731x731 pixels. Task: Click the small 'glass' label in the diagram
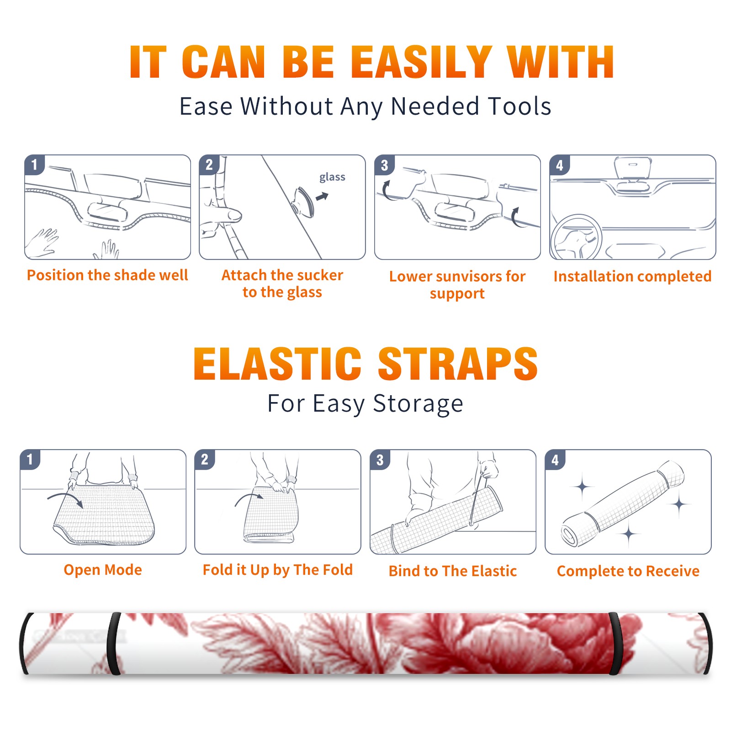click(x=332, y=177)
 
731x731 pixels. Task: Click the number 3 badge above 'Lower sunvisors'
click(x=385, y=165)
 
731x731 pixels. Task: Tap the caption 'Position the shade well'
click(x=107, y=275)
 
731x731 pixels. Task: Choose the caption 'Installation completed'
click(x=632, y=276)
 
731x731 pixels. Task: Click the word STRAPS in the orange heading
click(x=458, y=364)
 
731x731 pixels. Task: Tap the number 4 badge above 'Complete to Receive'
click(x=555, y=460)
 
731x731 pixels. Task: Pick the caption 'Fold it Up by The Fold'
click(x=278, y=570)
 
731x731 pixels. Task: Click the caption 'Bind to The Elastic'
click(x=453, y=571)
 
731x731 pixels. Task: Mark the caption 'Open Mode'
click(x=103, y=570)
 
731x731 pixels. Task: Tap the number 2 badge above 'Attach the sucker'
click(x=209, y=165)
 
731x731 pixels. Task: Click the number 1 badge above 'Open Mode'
click(x=30, y=460)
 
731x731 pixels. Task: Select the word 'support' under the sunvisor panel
click(x=457, y=294)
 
